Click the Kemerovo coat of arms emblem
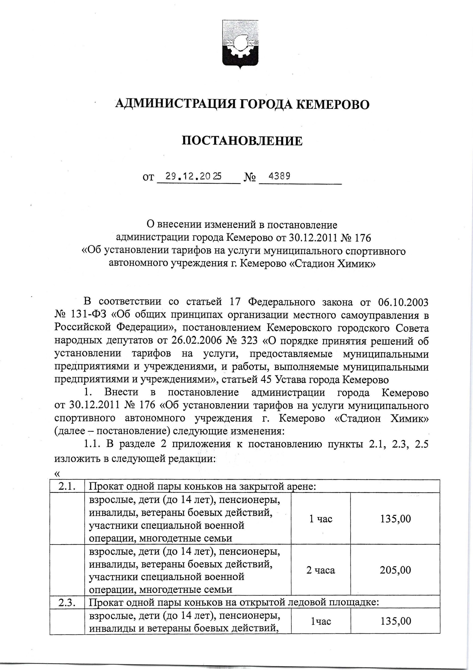(240, 44)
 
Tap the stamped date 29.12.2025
(193, 176)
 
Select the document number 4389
(279, 176)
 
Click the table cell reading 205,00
(395, 570)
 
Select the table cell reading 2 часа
(321, 570)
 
